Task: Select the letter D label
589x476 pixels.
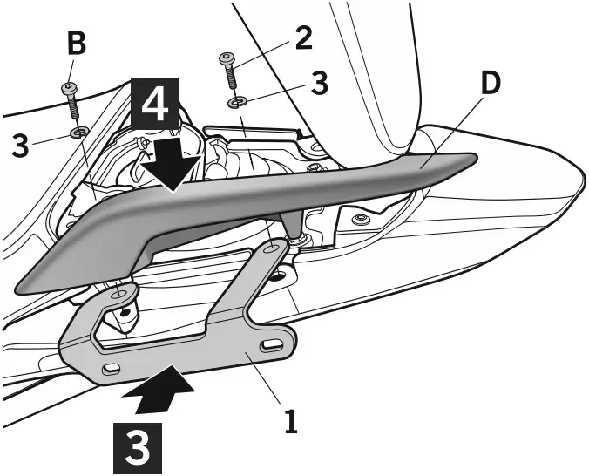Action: pyautogui.click(x=491, y=83)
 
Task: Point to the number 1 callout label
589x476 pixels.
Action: pyautogui.click(x=291, y=422)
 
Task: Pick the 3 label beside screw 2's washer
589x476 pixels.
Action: pyautogui.click(x=319, y=84)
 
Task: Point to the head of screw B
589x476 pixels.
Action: pyautogui.click(x=68, y=89)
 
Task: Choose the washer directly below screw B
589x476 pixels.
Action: pyautogui.click(x=78, y=133)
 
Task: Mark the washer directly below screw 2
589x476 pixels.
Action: pyautogui.click(x=236, y=103)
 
